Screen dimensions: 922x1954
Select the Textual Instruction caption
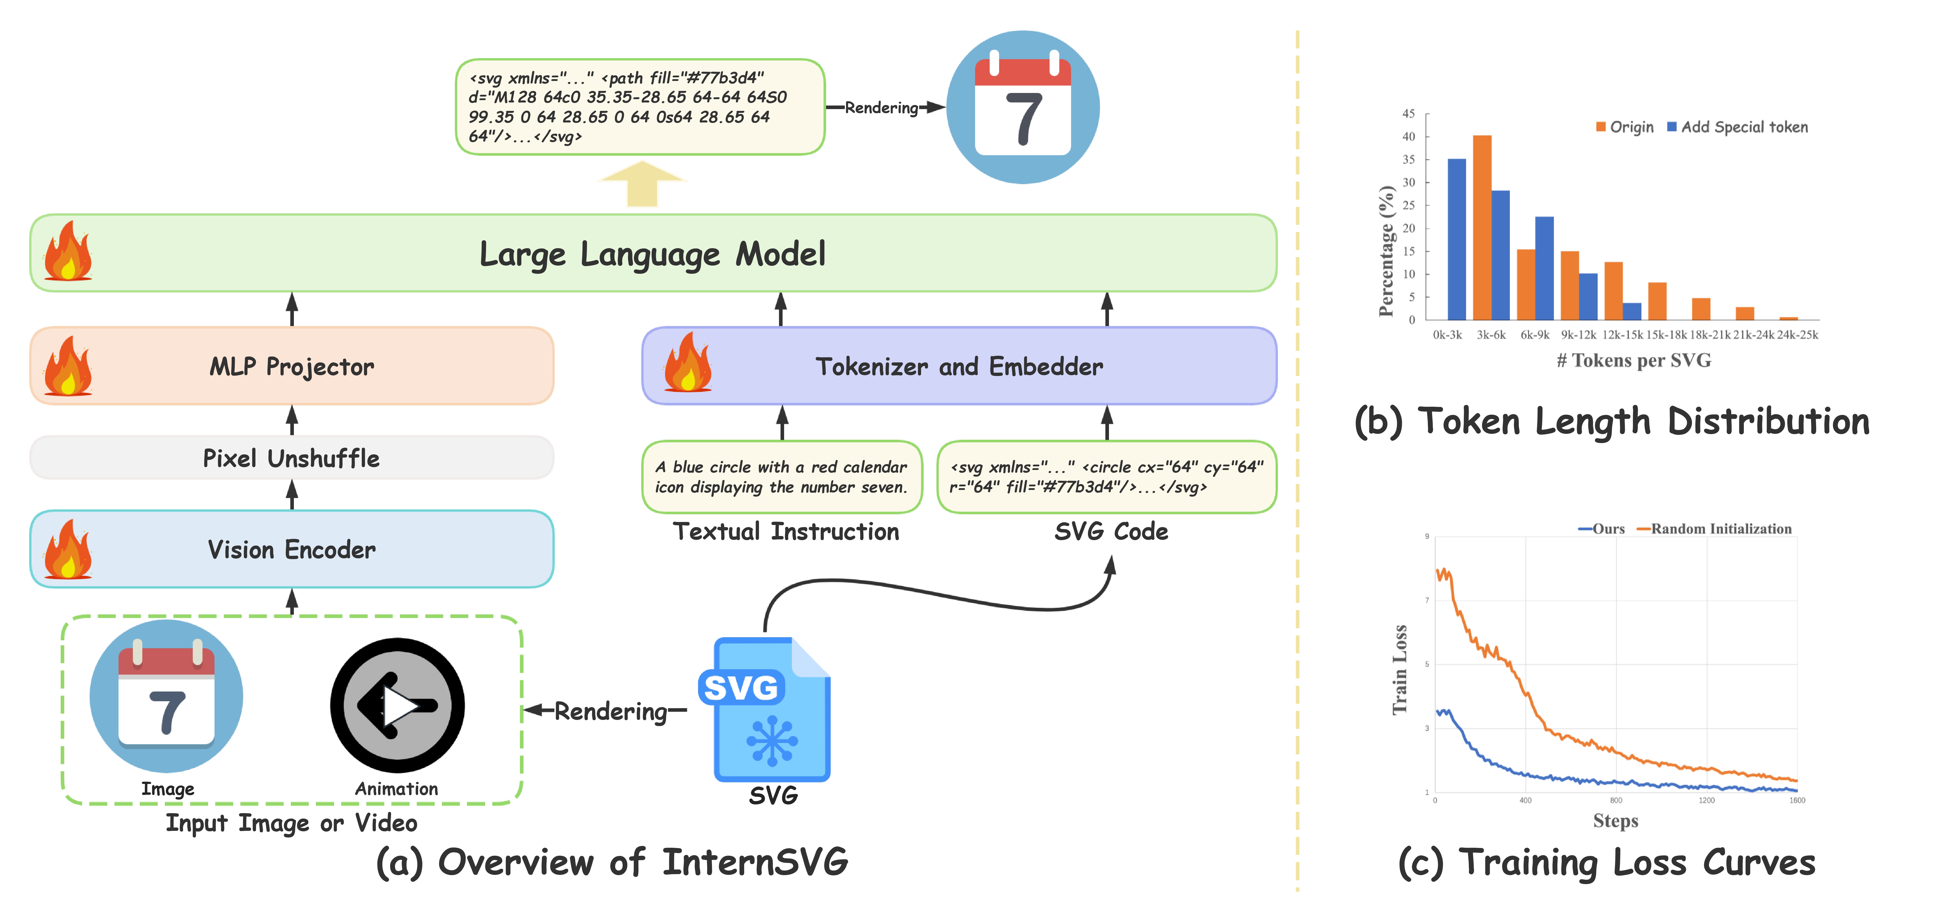786,531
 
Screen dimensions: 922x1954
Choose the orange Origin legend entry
1625,127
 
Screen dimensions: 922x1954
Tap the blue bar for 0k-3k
1456,239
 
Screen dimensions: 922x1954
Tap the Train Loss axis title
1400,669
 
